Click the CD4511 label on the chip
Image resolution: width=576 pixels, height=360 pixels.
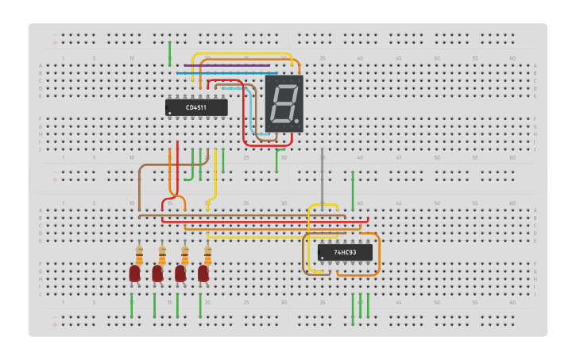pos(196,107)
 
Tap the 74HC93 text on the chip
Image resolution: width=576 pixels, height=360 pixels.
pos(345,253)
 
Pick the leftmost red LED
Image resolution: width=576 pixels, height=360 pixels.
pos(134,273)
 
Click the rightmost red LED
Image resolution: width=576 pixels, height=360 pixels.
pos(203,273)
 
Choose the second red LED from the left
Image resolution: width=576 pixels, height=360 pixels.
pos(157,273)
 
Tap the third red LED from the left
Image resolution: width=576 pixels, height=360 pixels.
pos(180,273)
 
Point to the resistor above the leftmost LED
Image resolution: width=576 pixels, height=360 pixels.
pos(139,256)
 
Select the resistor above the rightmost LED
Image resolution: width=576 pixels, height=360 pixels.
pos(208,256)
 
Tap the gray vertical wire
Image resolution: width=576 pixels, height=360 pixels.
pos(322,179)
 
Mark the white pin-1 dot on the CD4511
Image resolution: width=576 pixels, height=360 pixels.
pos(169,114)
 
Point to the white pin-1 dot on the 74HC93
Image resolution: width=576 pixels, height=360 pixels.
pos(322,258)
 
